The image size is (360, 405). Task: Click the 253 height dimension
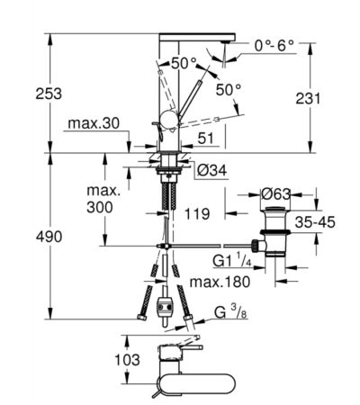(49, 94)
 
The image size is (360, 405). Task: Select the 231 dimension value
(308, 98)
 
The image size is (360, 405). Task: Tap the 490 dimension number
(49, 237)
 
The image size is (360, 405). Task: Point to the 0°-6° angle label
(274, 46)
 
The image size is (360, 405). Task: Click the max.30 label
(94, 123)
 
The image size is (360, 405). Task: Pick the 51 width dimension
(206, 138)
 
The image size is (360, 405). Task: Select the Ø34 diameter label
(212, 171)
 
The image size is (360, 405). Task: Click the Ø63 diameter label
(276, 194)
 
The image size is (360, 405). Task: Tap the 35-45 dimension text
(315, 222)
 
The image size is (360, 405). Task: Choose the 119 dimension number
(197, 214)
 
